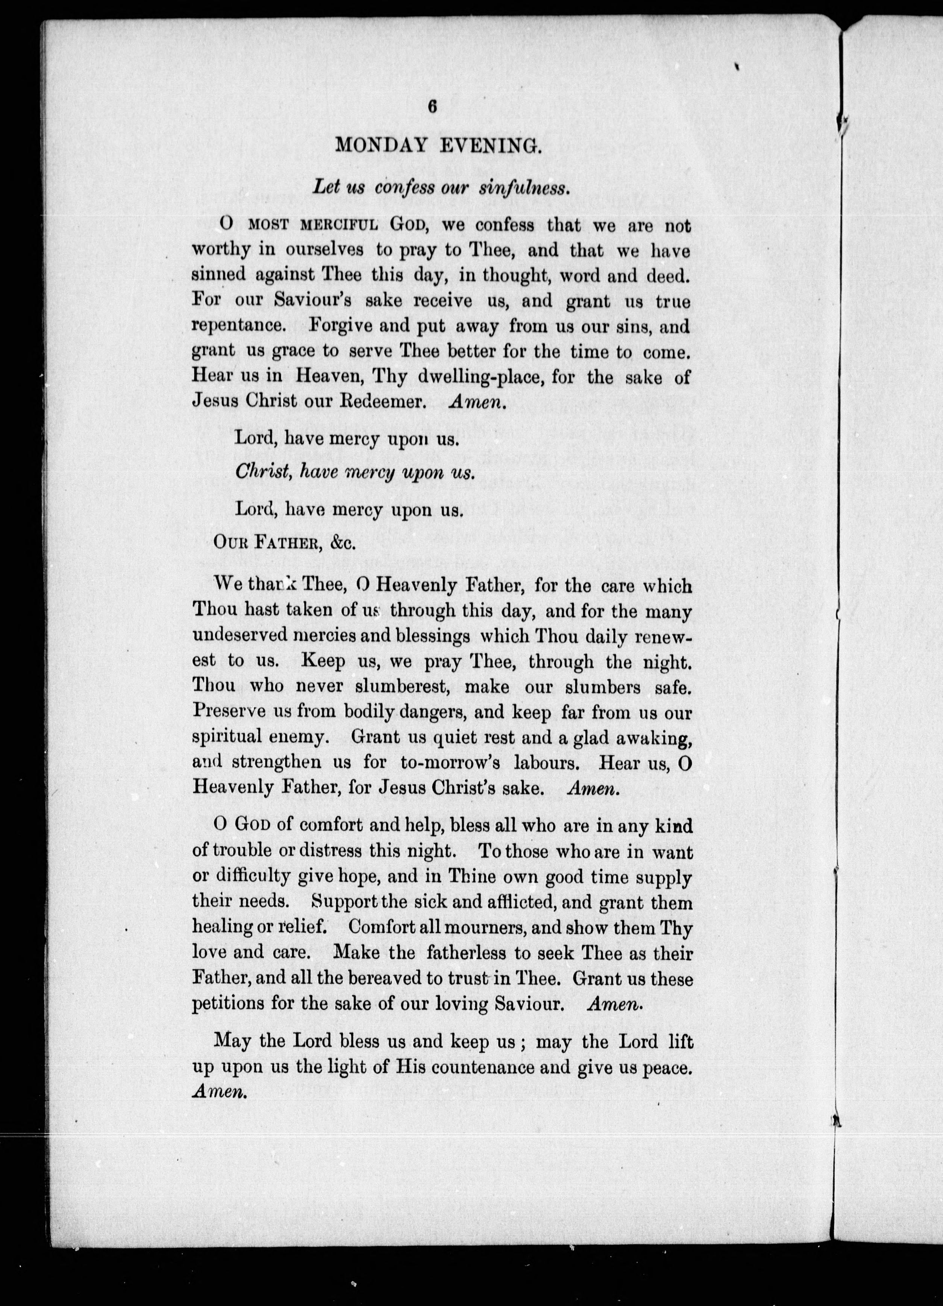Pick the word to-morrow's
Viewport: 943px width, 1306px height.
pyautogui.click(x=450, y=762)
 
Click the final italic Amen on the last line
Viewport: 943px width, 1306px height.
pyautogui.click(x=219, y=1092)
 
